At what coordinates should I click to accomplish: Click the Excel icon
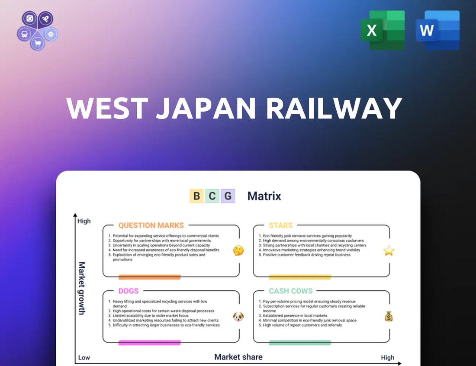pyautogui.click(x=383, y=30)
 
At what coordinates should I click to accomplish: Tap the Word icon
pyautogui.click(x=437, y=30)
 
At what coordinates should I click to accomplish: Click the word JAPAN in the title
pyautogui.click(x=206, y=108)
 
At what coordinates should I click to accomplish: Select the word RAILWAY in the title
pyautogui.click(x=334, y=108)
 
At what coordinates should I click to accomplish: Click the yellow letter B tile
pyautogui.click(x=197, y=196)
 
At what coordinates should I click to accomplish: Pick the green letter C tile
pyautogui.click(x=212, y=196)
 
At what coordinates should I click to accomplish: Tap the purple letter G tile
pyautogui.click(x=228, y=196)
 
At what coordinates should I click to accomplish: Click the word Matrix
pyautogui.click(x=264, y=196)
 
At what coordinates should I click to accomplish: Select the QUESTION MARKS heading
pyautogui.click(x=151, y=225)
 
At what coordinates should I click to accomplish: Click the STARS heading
pyautogui.click(x=281, y=225)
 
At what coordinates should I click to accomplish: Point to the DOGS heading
pyautogui.click(x=129, y=291)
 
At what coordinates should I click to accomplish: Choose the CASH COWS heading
pyautogui.click(x=290, y=291)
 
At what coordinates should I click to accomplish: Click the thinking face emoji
pyautogui.click(x=238, y=250)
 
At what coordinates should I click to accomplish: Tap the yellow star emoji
pyautogui.click(x=389, y=250)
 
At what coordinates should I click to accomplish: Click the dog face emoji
pyautogui.click(x=238, y=317)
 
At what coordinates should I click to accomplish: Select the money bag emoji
pyautogui.click(x=389, y=317)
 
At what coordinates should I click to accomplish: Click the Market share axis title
pyautogui.click(x=238, y=357)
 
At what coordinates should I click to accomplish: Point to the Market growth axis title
pyautogui.click(x=82, y=288)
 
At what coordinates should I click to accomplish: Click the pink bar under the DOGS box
pyautogui.click(x=149, y=343)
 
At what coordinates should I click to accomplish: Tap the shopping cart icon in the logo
pyautogui.click(x=37, y=44)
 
